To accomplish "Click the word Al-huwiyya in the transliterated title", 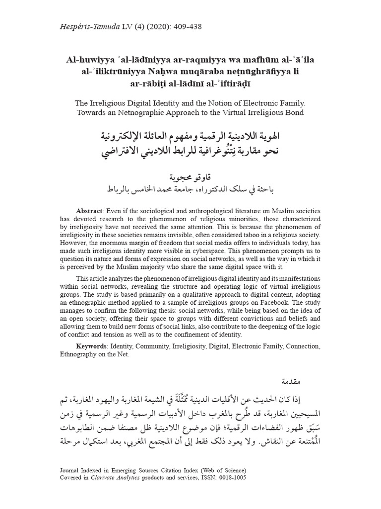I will [89, 60].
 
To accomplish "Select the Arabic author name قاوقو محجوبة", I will [191, 176].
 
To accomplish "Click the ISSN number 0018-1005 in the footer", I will [229, 478].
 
